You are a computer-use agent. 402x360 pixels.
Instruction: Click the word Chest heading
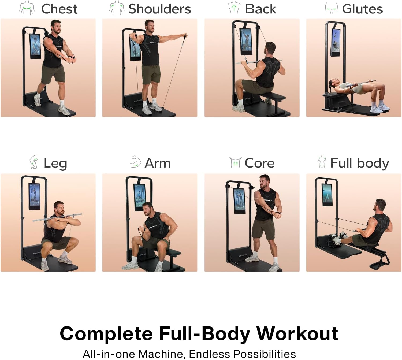[59, 9]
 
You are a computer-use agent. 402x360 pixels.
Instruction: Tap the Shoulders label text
[159, 9]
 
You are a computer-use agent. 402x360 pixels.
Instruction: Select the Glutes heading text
[362, 9]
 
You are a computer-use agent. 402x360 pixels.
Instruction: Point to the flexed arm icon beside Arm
[136, 162]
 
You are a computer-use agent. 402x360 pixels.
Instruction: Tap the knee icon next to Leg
[34, 162]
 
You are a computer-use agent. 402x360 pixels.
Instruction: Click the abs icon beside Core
[235, 162]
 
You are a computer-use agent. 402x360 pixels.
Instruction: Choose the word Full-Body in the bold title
[204, 334]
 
